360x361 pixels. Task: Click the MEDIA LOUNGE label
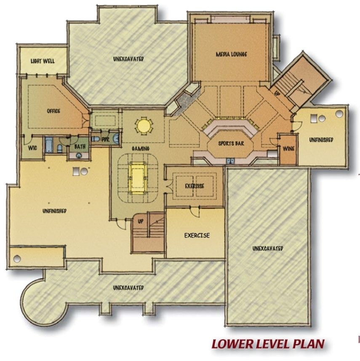click(x=231, y=54)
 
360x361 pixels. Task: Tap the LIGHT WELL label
click(x=42, y=62)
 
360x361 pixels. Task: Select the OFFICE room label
click(x=53, y=111)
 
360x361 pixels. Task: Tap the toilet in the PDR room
click(x=96, y=139)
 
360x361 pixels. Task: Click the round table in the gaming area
click(x=143, y=126)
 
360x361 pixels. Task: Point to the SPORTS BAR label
click(x=231, y=144)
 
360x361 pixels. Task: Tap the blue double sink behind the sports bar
click(x=231, y=160)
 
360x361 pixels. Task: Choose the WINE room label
click(x=288, y=148)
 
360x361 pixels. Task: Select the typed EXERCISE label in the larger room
click(x=197, y=235)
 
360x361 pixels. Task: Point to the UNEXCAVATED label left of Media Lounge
click(x=128, y=59)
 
